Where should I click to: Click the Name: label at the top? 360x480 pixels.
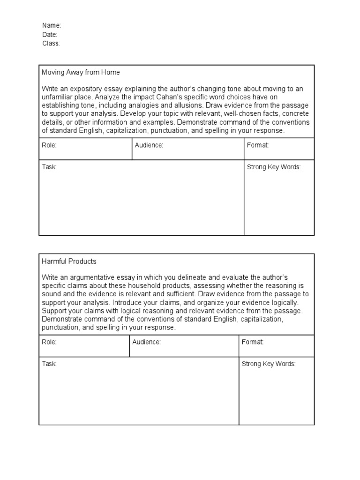coord(52,25)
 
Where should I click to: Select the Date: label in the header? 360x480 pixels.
coord(50,34)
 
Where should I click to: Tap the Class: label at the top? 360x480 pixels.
coord(51,43)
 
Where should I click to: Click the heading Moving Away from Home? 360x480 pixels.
coord(81,72)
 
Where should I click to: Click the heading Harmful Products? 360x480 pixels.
coord(69,261)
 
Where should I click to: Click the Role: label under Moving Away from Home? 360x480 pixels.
coord(49,145)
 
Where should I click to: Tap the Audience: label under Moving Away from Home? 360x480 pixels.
coord(149,145)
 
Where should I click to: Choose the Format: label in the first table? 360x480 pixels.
coord(258,145)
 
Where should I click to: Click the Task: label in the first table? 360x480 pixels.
coord(49,167)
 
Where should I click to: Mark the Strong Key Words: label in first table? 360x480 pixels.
coord(274,167)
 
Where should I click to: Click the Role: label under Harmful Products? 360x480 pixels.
coord(49,342)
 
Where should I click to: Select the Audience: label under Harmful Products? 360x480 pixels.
coord(146,342)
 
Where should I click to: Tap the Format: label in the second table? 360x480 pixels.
coord(253,342)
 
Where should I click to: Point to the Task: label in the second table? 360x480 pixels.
coord(49,364)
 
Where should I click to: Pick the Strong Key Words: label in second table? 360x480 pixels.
coord(269,364)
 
